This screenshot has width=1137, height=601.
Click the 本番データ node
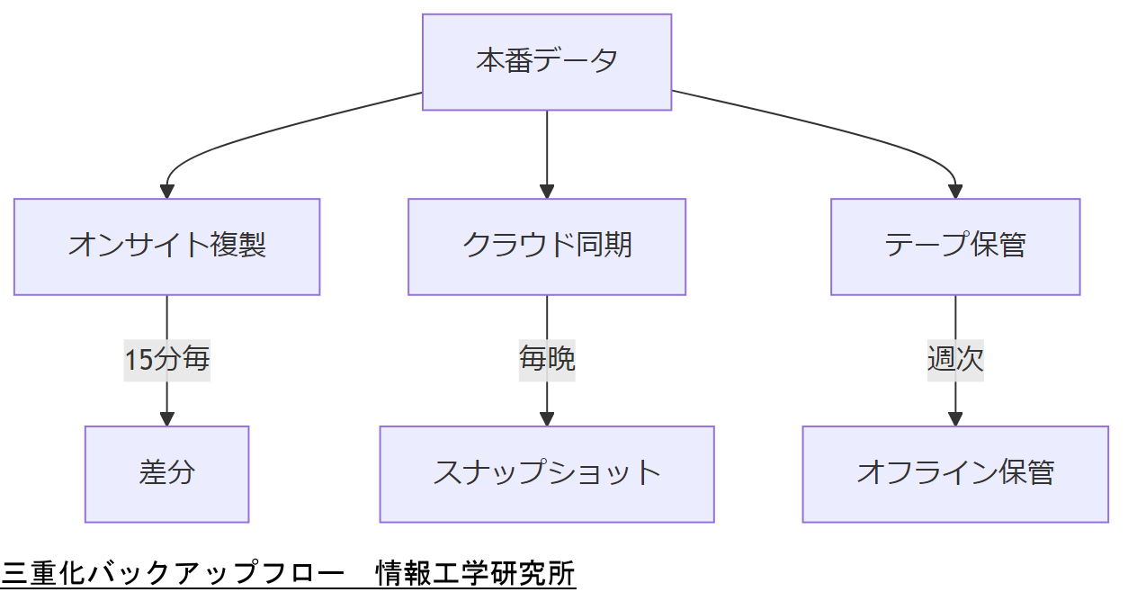click(547, 62)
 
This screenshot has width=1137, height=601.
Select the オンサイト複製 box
click(166, 247)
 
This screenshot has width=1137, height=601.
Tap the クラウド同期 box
click(547, 247)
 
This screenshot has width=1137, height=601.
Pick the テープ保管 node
click(954, 247)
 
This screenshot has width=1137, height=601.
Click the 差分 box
click(166, 474)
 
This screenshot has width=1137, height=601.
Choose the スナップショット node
click(547, 474)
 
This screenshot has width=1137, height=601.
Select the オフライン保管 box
click(954, 474)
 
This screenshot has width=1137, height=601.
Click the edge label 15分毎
click(166, 360)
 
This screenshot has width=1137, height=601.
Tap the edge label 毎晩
click(547, 360)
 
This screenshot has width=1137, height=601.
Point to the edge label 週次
click(954, 360)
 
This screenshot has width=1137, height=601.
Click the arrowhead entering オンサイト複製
click(166, 191)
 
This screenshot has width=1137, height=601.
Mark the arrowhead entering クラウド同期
click(547, 191)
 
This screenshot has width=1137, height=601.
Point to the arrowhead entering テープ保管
click(954, 191)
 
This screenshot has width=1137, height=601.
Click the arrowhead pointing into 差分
click(166, 418)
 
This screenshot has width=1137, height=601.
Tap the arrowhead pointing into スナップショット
click(547, 418)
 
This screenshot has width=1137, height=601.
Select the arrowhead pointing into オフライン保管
click(954, 418)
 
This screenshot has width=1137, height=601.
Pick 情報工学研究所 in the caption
click(476, 573)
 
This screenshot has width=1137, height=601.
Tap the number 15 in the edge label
click(139, 360)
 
